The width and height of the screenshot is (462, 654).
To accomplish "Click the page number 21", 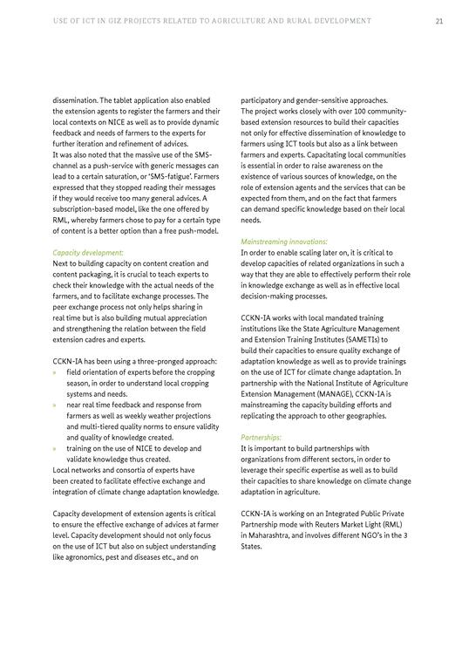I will point(439,20).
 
